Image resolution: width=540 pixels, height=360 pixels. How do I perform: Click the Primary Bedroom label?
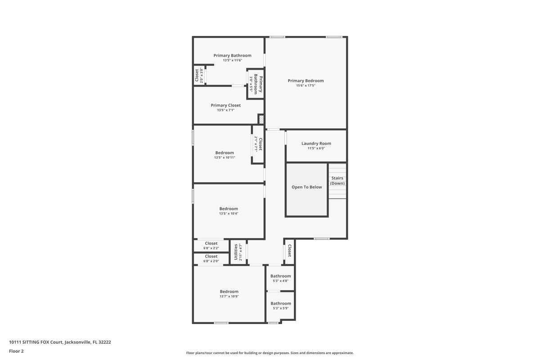306,81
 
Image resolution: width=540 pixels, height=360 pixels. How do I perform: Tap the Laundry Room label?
316,144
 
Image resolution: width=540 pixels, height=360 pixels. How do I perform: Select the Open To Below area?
306,187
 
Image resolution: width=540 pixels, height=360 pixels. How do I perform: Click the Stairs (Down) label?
337,180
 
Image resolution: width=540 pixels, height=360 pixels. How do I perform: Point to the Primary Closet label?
225,105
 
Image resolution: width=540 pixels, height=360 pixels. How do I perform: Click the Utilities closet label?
236,252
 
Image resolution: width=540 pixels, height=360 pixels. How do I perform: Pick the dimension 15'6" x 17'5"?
306,85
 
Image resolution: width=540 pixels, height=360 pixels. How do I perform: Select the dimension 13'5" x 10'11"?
225,157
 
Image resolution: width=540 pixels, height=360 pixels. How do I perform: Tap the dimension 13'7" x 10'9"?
229,297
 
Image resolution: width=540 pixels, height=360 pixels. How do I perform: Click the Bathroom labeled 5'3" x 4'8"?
280,276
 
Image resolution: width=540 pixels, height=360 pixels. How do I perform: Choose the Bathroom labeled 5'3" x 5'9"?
280,303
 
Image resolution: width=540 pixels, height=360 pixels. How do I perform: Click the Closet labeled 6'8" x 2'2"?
211,243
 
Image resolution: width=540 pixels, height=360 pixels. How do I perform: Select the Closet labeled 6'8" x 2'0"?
211,256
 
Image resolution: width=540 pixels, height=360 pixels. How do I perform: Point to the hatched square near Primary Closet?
261,119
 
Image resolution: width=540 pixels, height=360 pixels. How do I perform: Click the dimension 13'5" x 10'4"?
229,214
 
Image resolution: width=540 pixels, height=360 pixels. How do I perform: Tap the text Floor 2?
16,351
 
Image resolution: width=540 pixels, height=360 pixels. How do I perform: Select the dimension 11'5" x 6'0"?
316,148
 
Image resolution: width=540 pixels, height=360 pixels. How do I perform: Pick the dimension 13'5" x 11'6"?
232,60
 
